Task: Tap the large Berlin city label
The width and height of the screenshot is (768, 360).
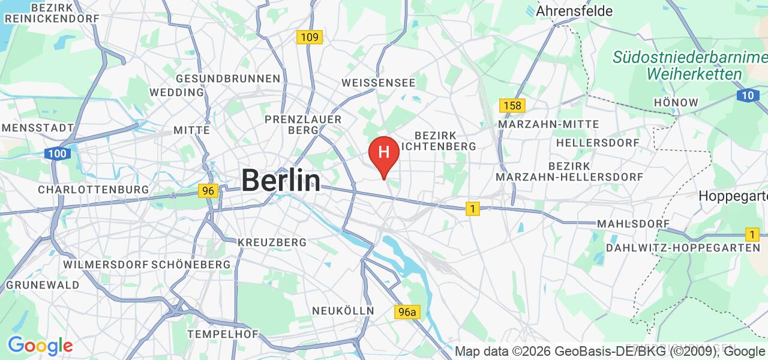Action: (281, 180)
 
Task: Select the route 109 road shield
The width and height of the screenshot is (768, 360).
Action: (310, 37)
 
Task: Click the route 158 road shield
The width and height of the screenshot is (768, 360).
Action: (512, 106)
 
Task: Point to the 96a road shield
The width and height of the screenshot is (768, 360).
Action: (407, 312)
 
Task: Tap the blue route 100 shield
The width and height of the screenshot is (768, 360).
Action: (58, 154)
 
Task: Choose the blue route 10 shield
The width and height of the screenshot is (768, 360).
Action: (747, 95)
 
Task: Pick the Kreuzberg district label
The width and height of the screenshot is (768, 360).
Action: (272, 242)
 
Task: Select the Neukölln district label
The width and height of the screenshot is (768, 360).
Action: (343, 311)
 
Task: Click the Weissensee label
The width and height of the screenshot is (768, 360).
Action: (378, 83)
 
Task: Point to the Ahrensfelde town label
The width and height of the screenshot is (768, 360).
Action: (574, 11)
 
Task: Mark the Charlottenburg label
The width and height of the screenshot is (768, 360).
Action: (93, 190)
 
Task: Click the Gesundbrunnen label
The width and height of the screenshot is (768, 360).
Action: (228, 79)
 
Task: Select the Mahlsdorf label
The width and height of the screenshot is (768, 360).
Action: (633, 224)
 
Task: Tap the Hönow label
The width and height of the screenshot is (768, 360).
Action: (676, 103)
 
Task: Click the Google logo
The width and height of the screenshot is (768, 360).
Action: (40, 346)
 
